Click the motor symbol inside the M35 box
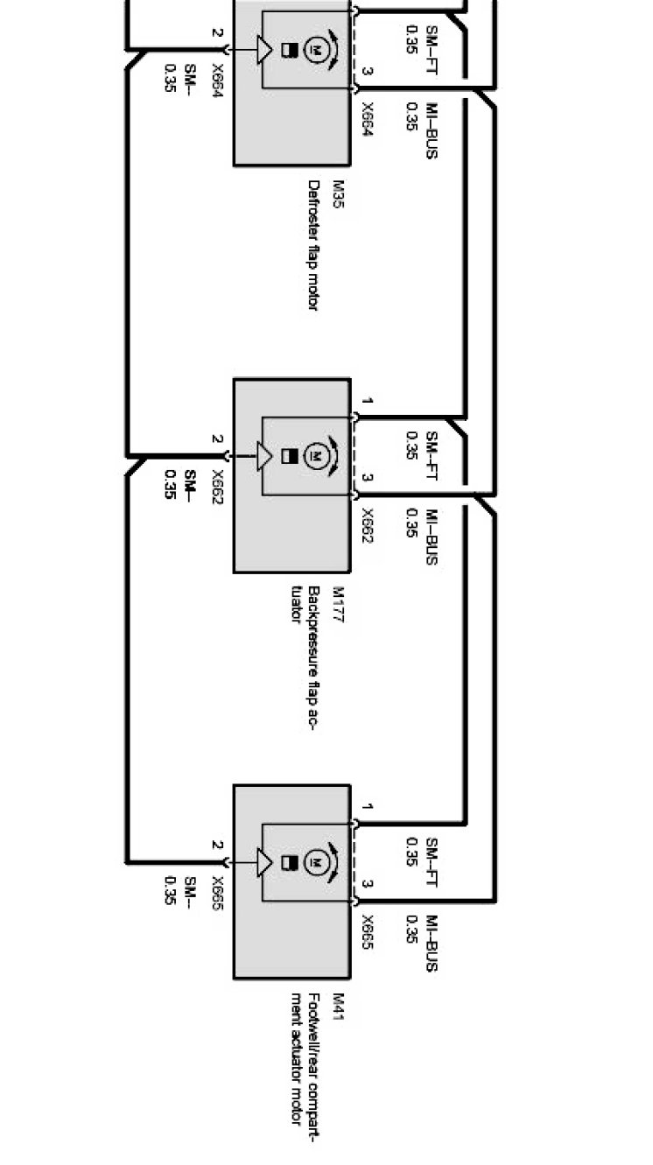click(313, 50)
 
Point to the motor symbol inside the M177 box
click(313, 456)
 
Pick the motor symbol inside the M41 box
click(313, 863)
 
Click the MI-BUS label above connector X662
click(431, 537)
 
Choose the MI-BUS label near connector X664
click(431, 130)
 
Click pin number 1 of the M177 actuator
click(368, 402)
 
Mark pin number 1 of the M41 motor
click(368, 807)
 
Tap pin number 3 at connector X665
click(368, 885)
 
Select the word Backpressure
click(313, 636)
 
